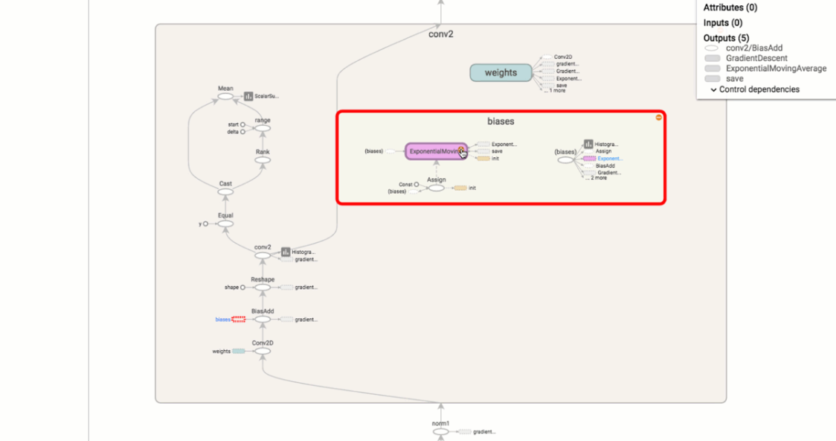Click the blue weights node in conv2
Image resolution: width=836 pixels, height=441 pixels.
click(x=501, y=72)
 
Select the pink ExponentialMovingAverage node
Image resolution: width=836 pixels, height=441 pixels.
click(x=436, y=151)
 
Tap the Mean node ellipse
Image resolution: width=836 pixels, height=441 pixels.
click(x=225, y=96)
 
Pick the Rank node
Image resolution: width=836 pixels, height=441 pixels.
click(x=263, y=160)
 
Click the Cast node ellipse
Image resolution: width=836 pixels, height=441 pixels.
click(x=225, y=192)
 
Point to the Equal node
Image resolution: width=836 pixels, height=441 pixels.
click(x=225, y=223)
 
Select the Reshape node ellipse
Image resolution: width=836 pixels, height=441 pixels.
click(x=263, y=287)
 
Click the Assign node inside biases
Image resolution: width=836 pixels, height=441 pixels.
click(x=437, y=188)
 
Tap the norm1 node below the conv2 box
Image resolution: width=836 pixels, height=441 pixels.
click(x=440, y=431)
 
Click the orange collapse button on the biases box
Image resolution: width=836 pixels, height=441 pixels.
click(x=658, y=117)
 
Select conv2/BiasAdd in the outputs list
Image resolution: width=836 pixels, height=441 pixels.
click(x=753, y=48)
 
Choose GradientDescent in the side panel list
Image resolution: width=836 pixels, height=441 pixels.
click(x=756, y=58)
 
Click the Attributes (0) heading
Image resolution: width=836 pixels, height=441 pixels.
click(x=730, y=7)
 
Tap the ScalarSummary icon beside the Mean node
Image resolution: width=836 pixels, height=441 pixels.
click(x=248, y=96)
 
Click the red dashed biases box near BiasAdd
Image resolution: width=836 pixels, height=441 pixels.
click(x=239, y=319)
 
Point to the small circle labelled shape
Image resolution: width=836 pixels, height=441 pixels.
click(x=242, y=287)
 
